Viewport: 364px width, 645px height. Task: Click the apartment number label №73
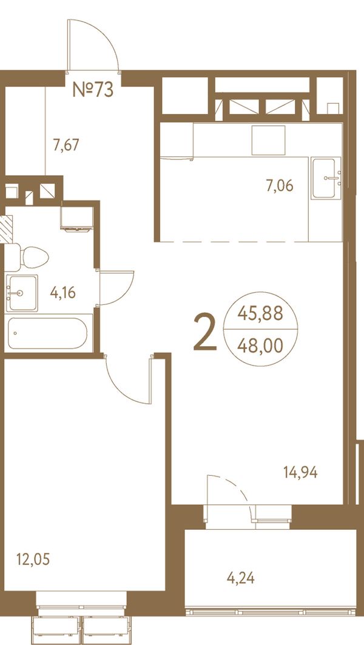(93, 89)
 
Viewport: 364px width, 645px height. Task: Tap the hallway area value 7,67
(66, 145)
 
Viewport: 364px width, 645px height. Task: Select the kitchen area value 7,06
(280, 186)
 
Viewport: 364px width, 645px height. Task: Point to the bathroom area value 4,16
(62, 293)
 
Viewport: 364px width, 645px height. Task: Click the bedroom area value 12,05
(33, 560)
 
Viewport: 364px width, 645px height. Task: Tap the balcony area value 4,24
(241, 579)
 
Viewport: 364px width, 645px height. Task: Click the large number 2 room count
(205, 332)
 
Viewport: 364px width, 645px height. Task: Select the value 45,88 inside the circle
(261, 314)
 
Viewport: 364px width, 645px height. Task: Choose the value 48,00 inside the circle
(261, 346)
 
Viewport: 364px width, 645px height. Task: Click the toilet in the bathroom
(27, 258)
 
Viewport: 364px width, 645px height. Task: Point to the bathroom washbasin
(21, 293)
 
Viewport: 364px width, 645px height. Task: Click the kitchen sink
(326, 178)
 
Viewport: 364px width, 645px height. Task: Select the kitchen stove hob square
(269, 140)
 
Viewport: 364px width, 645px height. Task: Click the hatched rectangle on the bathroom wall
(6, 229)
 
